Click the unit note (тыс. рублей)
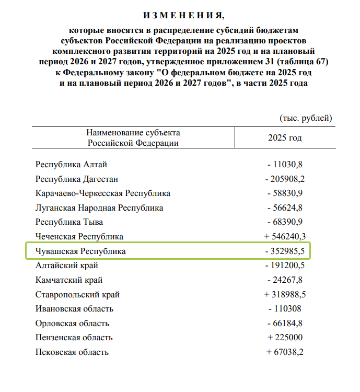pos(306,118)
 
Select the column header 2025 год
pos(285,138)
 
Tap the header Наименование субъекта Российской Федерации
pos(133,137)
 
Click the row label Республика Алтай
pos(71,165)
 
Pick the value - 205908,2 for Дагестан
pos(285,179)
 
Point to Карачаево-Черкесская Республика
pos(103,193)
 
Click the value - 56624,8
pos(285,208)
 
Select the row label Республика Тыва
pos(69,222)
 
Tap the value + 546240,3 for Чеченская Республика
pos(285,237)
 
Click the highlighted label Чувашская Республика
pos(80,251)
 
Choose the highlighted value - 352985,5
pos(285,251)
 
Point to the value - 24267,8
pos(285,280)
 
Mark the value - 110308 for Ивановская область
pos(285,309)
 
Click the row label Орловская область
pos(72,324)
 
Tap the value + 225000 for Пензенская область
pos(285,338)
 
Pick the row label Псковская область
pos(72,352)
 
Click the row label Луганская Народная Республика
pos(99,208)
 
